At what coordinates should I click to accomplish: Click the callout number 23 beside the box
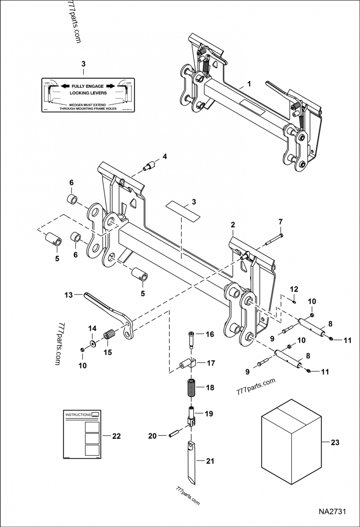[x=334, y=442]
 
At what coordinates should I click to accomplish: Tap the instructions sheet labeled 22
[x=81, y=434]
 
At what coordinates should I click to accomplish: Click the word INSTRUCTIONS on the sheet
[x=77, y=414]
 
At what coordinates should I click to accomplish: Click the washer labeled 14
[x=92, y=344]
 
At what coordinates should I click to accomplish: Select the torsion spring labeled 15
[x=109, y=336]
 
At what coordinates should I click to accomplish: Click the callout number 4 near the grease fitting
[x=165, y=156]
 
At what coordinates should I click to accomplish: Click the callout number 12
[x=293, y=288]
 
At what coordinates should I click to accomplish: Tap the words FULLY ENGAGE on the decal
[x=83, y=85]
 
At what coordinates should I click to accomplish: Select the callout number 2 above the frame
[x=233, y=224]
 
